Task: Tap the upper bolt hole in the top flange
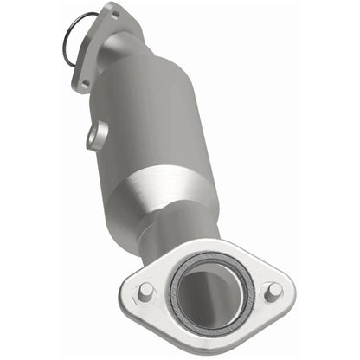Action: tap(112, 14)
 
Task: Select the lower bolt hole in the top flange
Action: tap(84, 84)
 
